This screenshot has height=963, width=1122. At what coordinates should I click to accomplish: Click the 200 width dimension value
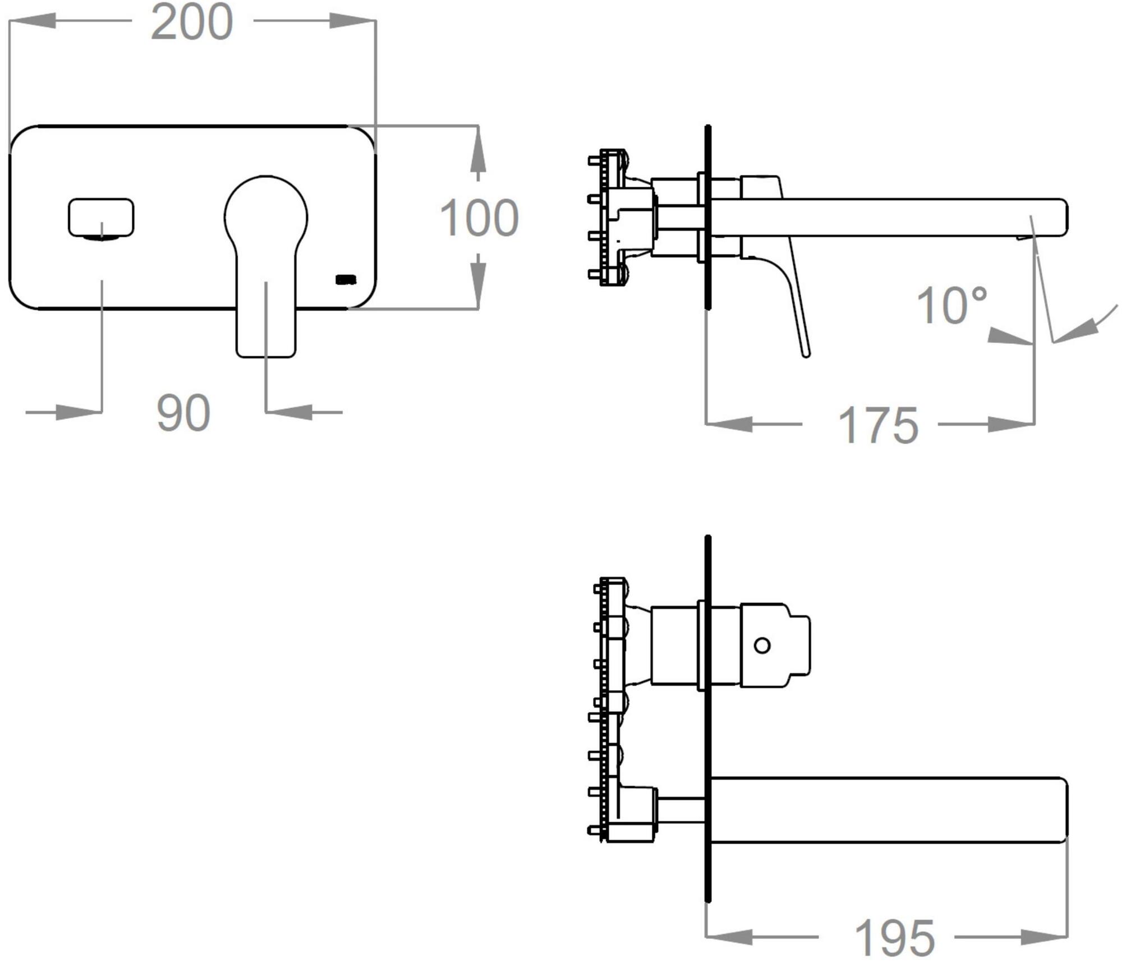[x=192, y=22]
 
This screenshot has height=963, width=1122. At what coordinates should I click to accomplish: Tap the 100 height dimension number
[x=479, y=218]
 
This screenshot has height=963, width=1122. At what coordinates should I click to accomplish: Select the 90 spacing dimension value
[x=183, y=413]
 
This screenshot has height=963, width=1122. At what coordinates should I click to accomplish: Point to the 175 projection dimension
[x=878, y=426]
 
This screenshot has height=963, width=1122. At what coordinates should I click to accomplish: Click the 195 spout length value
[x=894, y=938]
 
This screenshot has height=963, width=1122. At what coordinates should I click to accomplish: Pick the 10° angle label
[x=951, y=305]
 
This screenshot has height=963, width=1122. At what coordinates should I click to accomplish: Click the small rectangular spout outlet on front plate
[x=101, y=217]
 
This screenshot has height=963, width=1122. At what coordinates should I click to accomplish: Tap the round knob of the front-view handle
[x=266, y=216]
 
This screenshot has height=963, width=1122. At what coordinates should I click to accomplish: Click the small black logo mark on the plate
[x=346, y=279]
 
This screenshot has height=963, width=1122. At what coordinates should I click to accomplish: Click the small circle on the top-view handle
[x=762, y=646]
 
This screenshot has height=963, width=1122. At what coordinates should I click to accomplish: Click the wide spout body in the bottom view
[x=889, y=810]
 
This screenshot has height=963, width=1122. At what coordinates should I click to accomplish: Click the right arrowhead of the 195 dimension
[x=1044, y=937]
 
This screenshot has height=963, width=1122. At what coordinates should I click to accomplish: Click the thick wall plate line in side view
[x=708, y=217]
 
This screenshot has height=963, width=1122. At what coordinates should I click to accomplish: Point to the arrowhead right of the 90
[x=289, y=412]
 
